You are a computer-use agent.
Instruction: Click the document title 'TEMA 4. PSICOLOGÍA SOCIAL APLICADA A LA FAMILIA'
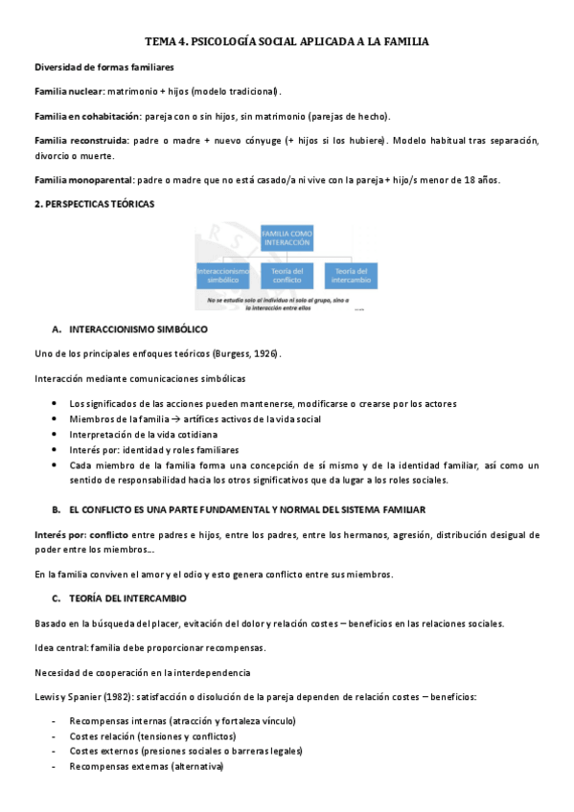coord(287,42)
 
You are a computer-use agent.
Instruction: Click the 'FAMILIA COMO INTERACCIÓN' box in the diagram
coord(287,237)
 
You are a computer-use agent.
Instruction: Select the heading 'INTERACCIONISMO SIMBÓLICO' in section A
coord(138,329)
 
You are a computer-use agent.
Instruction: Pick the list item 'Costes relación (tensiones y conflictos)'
coord(152,736)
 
